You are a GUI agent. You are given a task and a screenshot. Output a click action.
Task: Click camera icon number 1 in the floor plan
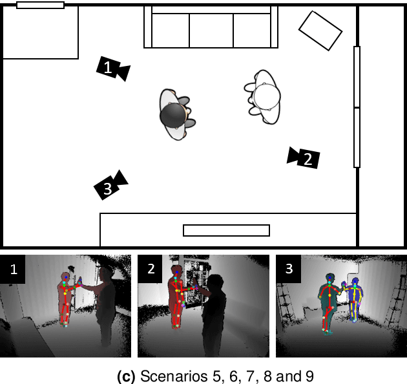pyautogui.click(x=113, y=69)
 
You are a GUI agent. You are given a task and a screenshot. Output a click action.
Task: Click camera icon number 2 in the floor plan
pyautogui.click(x=304, y=158)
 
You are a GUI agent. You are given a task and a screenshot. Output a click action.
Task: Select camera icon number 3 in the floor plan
pyautogui.click(x=110, y=186)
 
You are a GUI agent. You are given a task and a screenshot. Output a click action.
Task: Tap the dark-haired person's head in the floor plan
pyautogui.click(x=173, y=115)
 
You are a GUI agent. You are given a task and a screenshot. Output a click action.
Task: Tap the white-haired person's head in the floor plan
pyautogui.click(x=267, y=96)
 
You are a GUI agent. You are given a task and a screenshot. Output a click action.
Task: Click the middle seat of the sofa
pyautogui.click(x=211, y=30)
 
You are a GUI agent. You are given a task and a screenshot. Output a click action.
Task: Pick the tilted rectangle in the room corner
pyautogui.click(x=320, y=30)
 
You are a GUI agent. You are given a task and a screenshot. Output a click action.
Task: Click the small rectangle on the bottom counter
pyautogui.click(x=226, y=230)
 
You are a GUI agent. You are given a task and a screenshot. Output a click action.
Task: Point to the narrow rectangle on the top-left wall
pyautogui.click(x=41, y=5)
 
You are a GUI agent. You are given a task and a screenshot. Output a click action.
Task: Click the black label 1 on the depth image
pyautogui.click(x=12, y=269)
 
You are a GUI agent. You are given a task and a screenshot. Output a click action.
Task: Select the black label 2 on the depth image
pyautogui.click(x=150, y=269)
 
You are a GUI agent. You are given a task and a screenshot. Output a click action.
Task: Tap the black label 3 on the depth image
pyautogui.click(x=288, y=269)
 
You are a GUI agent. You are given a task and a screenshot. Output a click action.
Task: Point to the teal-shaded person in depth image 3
pyautogui.click(x=328, y=303)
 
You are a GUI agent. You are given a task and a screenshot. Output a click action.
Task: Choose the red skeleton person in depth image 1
pyautogui.click(x=65, y=299)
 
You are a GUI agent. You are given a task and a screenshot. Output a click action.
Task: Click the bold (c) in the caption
pyautogui.click(x=126, y=376)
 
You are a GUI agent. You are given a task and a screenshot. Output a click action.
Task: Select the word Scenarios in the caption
pyautogui.click(x=175, y=376)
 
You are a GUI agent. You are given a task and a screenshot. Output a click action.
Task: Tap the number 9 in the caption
pyautogui.click(x=309, y=376)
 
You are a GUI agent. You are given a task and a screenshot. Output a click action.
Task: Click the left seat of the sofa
pyautogui.click(x=171, y=30)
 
